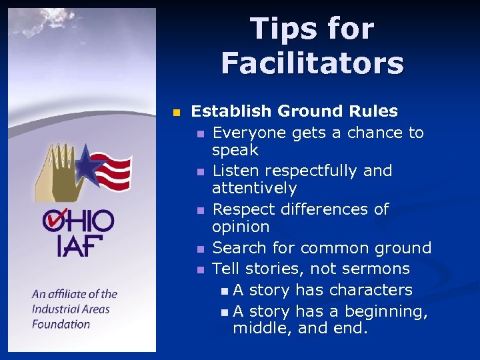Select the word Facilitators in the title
pos(313,64)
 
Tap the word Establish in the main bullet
pos(231,111)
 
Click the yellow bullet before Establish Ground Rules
pos(177,112)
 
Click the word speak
pos(235,150)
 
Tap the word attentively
pos(254,188)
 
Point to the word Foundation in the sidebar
pos(61,324)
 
